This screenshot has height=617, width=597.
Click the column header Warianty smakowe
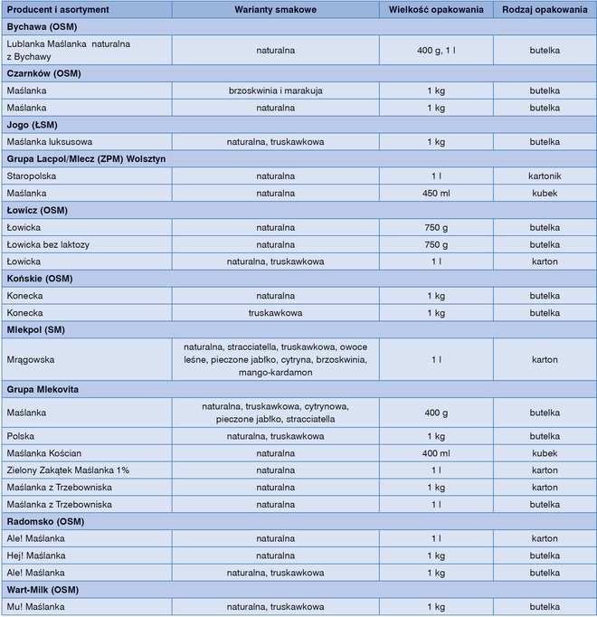click(275, 9)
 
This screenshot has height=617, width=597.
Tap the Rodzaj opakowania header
click(545, 9)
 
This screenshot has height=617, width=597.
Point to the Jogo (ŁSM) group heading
click(34, 125)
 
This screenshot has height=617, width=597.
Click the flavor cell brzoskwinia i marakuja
click(275, 90)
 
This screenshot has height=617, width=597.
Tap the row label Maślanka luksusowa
click(50, 142)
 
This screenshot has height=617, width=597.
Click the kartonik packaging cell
click(545, 176)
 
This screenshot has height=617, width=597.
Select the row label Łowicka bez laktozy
click(49, 244)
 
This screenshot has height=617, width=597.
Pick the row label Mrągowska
click(31, 359)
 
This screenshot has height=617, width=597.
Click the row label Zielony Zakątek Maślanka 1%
click(68, 470)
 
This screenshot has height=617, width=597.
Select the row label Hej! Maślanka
click(36, 555)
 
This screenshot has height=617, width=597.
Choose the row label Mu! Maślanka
click(35, 607)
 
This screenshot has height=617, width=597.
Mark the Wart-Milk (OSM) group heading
click(43, 590)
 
